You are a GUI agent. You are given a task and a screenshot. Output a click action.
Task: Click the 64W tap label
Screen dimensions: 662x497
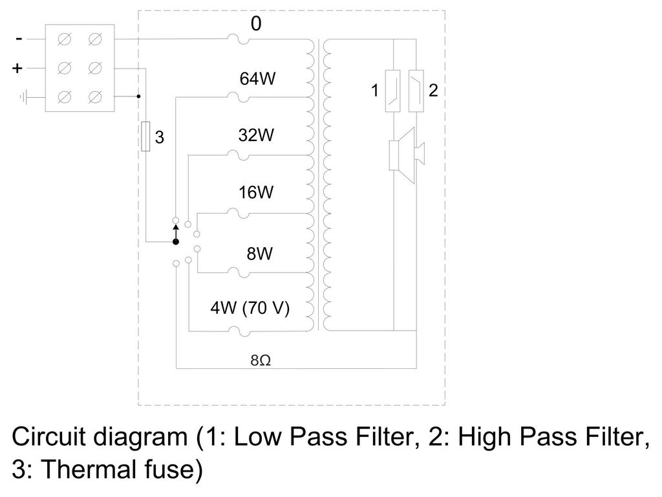(x=257, y=78)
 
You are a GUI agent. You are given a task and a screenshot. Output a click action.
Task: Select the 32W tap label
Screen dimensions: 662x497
(x=256, y=135)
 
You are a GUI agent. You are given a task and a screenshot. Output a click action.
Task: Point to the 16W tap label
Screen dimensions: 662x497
(x=256, y=192)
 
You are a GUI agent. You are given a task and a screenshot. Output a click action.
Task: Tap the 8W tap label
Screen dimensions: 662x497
(x=260, y=254)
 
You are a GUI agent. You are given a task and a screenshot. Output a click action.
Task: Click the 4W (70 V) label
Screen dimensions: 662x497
(x=250, y=307)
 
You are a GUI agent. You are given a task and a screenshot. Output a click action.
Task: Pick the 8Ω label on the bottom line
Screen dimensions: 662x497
(x=261, y=360)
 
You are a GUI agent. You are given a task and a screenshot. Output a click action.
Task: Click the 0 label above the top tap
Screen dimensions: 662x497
(x=256, y=24)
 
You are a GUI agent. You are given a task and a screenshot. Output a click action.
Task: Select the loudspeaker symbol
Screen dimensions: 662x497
(x=406, y=155)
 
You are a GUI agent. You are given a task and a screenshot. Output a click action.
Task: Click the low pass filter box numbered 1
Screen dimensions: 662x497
(x=392, y=91)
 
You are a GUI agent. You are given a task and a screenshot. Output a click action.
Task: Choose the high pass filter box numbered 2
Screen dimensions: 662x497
(x=416, y=91)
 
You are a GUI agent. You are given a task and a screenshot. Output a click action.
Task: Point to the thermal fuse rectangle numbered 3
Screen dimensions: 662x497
(x=145, y=136)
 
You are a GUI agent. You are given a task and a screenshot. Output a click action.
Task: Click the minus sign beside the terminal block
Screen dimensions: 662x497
(x=19, y=39)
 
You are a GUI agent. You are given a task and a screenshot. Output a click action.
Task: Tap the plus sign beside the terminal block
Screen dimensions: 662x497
(x=17, y=68)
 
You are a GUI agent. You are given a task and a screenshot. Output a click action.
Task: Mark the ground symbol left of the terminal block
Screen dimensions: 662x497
(x=24, y=98)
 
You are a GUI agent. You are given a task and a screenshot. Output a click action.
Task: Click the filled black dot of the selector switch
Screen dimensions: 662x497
(x=176, y=242)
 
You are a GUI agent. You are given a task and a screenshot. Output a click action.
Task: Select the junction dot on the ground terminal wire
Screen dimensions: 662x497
(x=138, y=96)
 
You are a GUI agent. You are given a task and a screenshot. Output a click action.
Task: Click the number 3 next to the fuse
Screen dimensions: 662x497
(x=159, y=137)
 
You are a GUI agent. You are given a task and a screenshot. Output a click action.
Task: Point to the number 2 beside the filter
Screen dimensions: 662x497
(x=433, y=91)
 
